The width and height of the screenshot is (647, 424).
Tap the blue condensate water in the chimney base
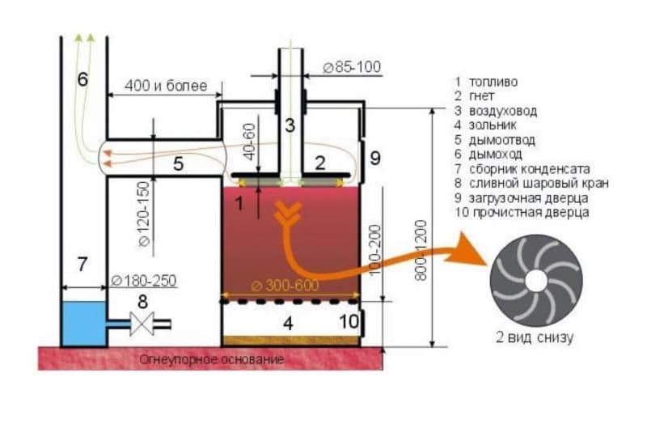pos(84,324)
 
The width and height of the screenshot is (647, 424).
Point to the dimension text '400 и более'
pos(167,85)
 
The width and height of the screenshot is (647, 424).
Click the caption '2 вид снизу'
pos(535,337)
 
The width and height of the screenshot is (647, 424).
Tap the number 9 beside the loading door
pos(374,158)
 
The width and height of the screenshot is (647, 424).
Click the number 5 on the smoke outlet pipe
pos(179,164)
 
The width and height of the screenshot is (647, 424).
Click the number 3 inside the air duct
pos(290,125)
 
